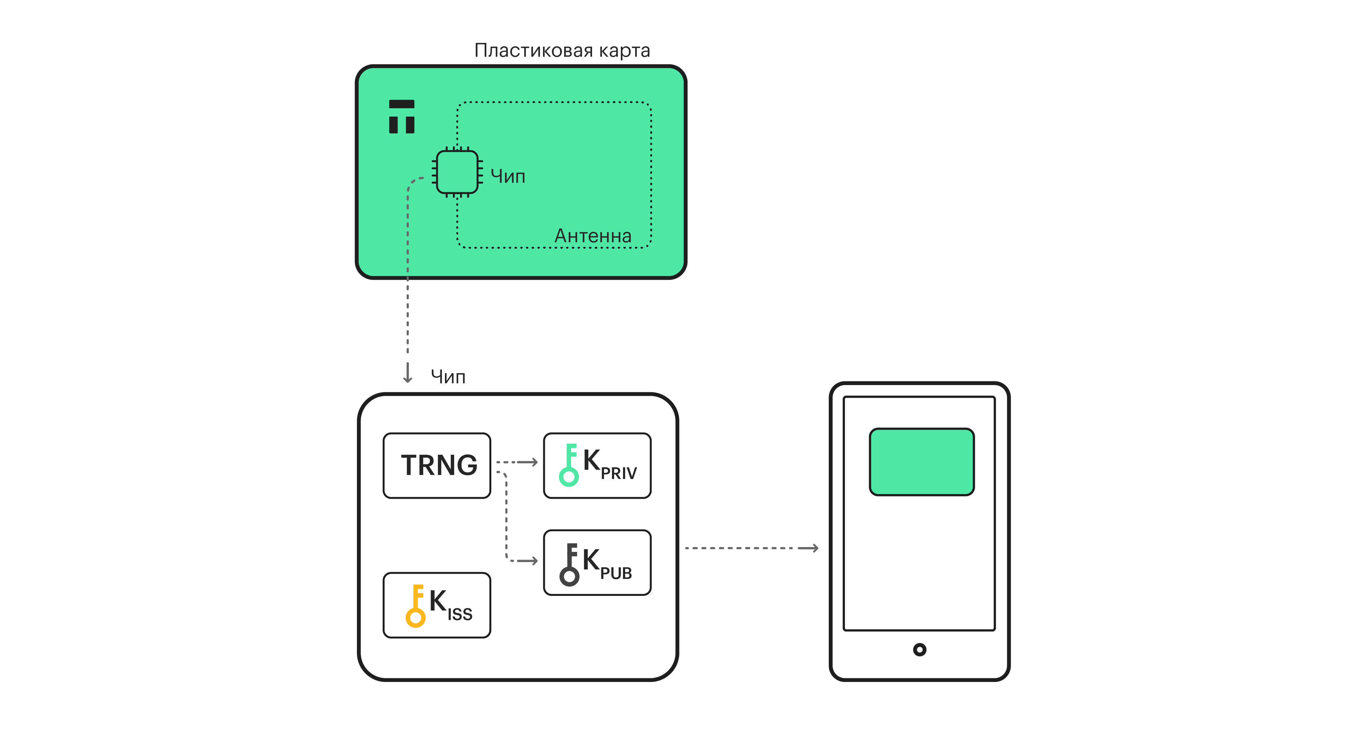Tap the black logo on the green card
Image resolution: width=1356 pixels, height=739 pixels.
402,117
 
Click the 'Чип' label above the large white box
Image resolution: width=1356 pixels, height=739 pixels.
448,377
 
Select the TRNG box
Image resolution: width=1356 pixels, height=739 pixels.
437,465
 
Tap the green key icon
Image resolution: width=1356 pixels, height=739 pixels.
569,465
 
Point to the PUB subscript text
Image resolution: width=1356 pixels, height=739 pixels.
616,573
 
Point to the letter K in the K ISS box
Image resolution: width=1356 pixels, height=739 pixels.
437,600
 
